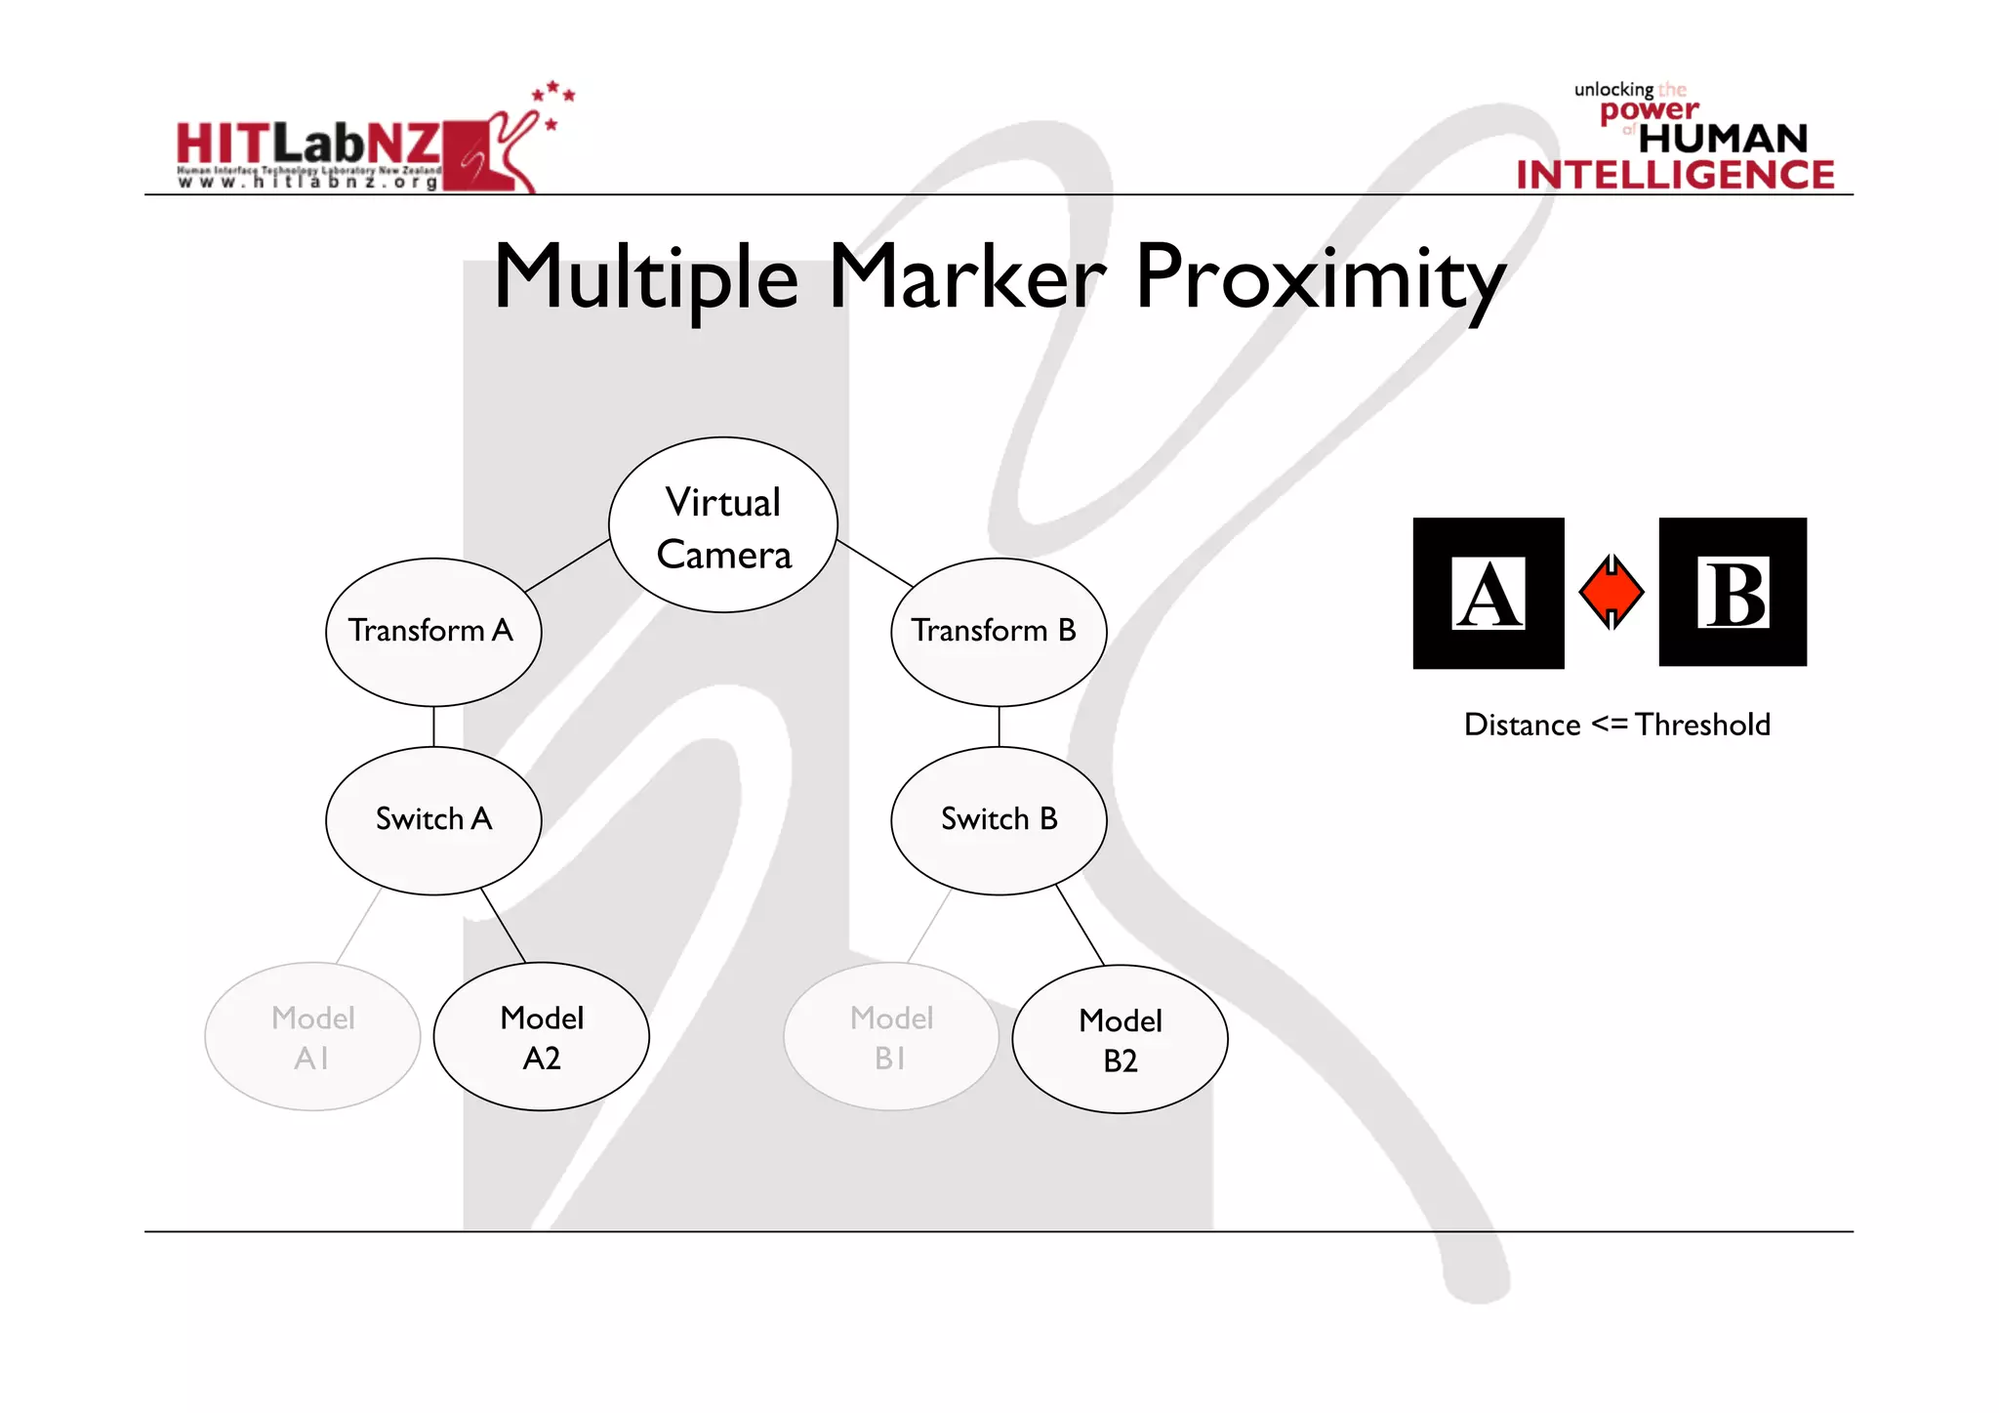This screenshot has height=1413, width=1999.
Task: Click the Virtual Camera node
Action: tap(723, 525)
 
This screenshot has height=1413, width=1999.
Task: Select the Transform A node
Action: tap(433, 632)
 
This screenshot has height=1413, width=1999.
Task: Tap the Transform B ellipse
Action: tap(999, 632)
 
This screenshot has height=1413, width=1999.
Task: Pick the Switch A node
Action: tap(433, 820)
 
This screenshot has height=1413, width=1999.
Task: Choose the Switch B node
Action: tap(999, 820)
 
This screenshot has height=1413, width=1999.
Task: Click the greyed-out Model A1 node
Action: tap(312, 1037)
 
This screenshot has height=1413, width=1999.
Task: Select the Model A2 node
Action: tap(542, 1037)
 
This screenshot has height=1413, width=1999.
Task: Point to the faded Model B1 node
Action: tap(891, 1037)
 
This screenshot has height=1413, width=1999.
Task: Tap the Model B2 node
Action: tap(1120, 1040)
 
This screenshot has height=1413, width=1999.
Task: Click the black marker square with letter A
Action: tap(1488, 593)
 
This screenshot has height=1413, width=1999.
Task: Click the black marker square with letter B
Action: tap(1733, 592)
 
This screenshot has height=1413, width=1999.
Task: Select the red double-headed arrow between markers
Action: tap(1611, 592)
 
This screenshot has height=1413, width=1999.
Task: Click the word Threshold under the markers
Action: tap(1702, 725)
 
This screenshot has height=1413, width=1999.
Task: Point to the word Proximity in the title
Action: tap(1320, 278)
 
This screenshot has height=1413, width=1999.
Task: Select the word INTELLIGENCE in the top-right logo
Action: tap(1675, 175)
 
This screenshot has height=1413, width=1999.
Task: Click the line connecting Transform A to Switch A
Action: tap(433, 727)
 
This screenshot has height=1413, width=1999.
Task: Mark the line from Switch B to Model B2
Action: tap(1080, 925)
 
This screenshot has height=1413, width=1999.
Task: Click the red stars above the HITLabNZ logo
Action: tap(553, 96)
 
